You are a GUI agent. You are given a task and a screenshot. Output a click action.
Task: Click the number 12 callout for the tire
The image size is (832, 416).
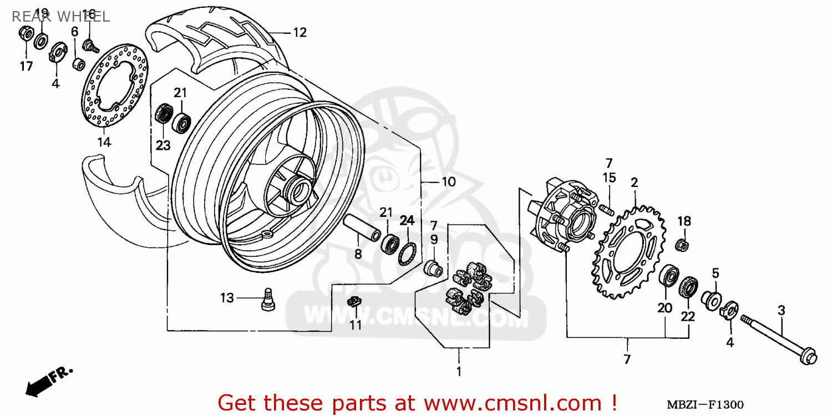tap(300, 33)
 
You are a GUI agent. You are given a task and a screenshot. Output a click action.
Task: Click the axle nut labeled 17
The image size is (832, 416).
tap(25, 34)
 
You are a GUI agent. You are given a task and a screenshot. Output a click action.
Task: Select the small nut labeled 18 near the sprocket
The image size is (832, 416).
tap(683, 243)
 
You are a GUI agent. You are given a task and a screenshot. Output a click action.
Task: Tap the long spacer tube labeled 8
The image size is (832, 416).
tap(360, 227)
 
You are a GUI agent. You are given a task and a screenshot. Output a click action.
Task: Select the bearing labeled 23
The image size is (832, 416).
tap(164, 114)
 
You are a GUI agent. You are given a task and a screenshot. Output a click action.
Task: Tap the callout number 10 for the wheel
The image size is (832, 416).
tap(448, 181)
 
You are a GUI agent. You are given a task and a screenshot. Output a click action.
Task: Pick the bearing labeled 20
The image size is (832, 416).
tap(669, 276)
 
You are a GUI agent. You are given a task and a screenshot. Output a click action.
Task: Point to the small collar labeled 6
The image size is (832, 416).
tap(79, 63)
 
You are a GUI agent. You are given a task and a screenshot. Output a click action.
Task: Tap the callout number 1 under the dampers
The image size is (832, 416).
tap(459, 370)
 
